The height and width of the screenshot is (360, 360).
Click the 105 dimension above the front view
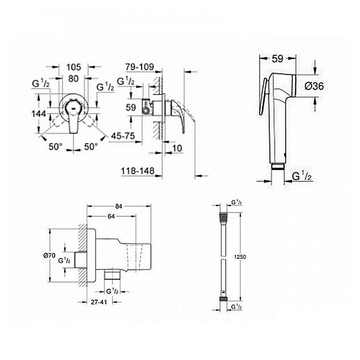coord(73,67)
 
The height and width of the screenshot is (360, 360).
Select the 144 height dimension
coord(38,114)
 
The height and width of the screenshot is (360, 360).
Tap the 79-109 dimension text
coord(139,67)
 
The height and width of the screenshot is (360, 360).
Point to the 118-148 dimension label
coord(137,171)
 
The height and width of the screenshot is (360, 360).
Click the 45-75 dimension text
coord(123,136)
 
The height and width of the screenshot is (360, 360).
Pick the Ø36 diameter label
coord(314,86)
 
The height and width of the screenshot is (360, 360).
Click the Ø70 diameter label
coord(49,255)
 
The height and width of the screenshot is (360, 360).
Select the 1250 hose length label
coord(240,256)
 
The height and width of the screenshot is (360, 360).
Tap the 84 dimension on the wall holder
coord(118,206)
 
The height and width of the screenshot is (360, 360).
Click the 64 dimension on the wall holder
coord(111,216)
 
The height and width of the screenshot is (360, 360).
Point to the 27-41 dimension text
coord(98,302)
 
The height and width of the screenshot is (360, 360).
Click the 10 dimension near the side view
coord(177,148)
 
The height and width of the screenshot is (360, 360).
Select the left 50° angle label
coord(55,146)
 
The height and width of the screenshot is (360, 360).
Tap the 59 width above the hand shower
coord(277,59)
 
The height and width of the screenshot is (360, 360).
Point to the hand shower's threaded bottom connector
coord(278,166)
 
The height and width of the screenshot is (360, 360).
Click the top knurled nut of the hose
coord(223,216)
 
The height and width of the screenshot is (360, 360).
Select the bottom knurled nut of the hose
coord(223,298)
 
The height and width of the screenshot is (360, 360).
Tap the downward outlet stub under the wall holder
coord(112,274)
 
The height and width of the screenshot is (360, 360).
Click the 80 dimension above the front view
coord(73,78)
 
